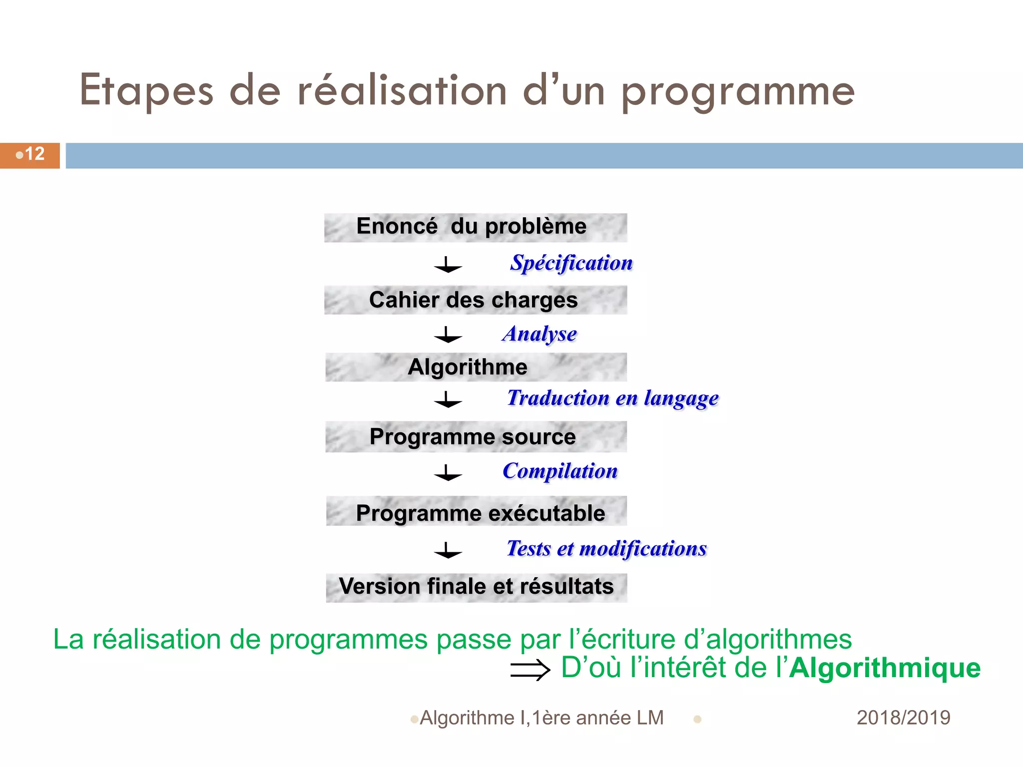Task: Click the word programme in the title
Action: pyautogui.click(x=738, y=92)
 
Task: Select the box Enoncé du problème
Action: pyautogui.click(x=475, y=227)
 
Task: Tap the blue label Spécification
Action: pyautogui.click(x=571, y=263)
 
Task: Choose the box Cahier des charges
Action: pyautogui.click(x=475, y=300)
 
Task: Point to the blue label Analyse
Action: pyautogui.click(x=539, y=334)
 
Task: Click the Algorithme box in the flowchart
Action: pyautogui.click(x=475, y=367)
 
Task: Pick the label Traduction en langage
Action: pyautogui.click(x=612, y=398)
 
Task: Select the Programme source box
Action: pyautogui.click(x=475, y=437)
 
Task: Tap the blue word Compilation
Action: pyautogui.click(x=560, y=471)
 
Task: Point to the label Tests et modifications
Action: pyautogui.click(x=606, y=548)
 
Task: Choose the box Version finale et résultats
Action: pyautogui.click(x=476, y=587)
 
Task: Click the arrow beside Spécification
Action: pyautogui.click(x=448, y=265)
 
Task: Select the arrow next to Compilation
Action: pyautogui.click(x=448, y=473)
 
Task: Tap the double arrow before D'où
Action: pyautogui.click(x=530, y=670)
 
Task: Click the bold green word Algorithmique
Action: pyautogui.click(x=885, y=668)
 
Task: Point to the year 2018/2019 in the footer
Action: pyautogui.click(x=903, y=718)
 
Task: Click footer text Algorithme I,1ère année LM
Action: pyautogui.click(x=541, y=718)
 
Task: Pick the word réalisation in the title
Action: pyautogui.click(x=402, y=91)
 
